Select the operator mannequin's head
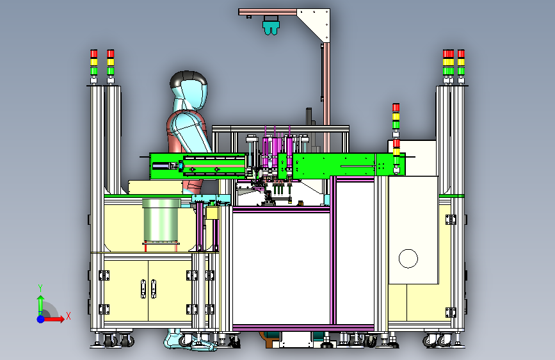pos(188,90)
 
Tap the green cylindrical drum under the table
pos(161,224)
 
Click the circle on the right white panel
pos(408,258)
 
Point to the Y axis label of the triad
pos(40,288)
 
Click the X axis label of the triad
pos(68,316)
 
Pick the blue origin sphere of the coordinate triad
pos(41,319)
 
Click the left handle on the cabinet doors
pos(143,289)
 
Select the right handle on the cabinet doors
pos(154,289)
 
